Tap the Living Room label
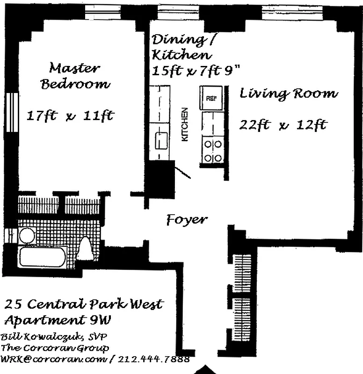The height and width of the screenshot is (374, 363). pyautogui.click(x=288, y=93)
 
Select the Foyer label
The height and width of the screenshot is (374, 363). pyautogui.click(x=187, y=220)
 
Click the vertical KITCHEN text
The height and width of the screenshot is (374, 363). pyautogui.click(x=185, y=125)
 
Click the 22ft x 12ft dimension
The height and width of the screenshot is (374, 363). pyautogui.click(x=283, y=125)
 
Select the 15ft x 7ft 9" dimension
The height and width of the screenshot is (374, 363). pyautogui.click(x=197, y=71)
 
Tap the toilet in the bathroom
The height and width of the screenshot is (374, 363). pyautogui.click(x=86, y=247)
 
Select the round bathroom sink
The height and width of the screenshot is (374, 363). pyautogui.click(x=27, y=236)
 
